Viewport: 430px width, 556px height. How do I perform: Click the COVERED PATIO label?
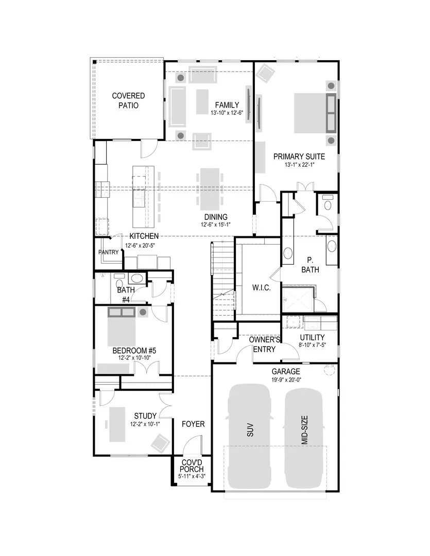[129, 100]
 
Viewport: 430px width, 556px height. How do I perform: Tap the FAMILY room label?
[227, 105]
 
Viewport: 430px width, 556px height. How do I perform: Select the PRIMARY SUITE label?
[299, 157]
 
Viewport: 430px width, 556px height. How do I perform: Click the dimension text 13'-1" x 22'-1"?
[299, 165]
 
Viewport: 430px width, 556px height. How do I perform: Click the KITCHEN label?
[143, 236]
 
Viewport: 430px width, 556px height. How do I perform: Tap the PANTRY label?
[109, 252]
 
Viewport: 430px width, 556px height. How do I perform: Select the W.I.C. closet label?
[261, 287]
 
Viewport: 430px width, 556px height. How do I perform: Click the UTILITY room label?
[312, 337]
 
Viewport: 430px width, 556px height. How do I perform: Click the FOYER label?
[193, 424]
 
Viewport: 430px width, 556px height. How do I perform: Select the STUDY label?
[145, 415]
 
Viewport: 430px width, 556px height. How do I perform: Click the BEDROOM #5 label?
[134, 351]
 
